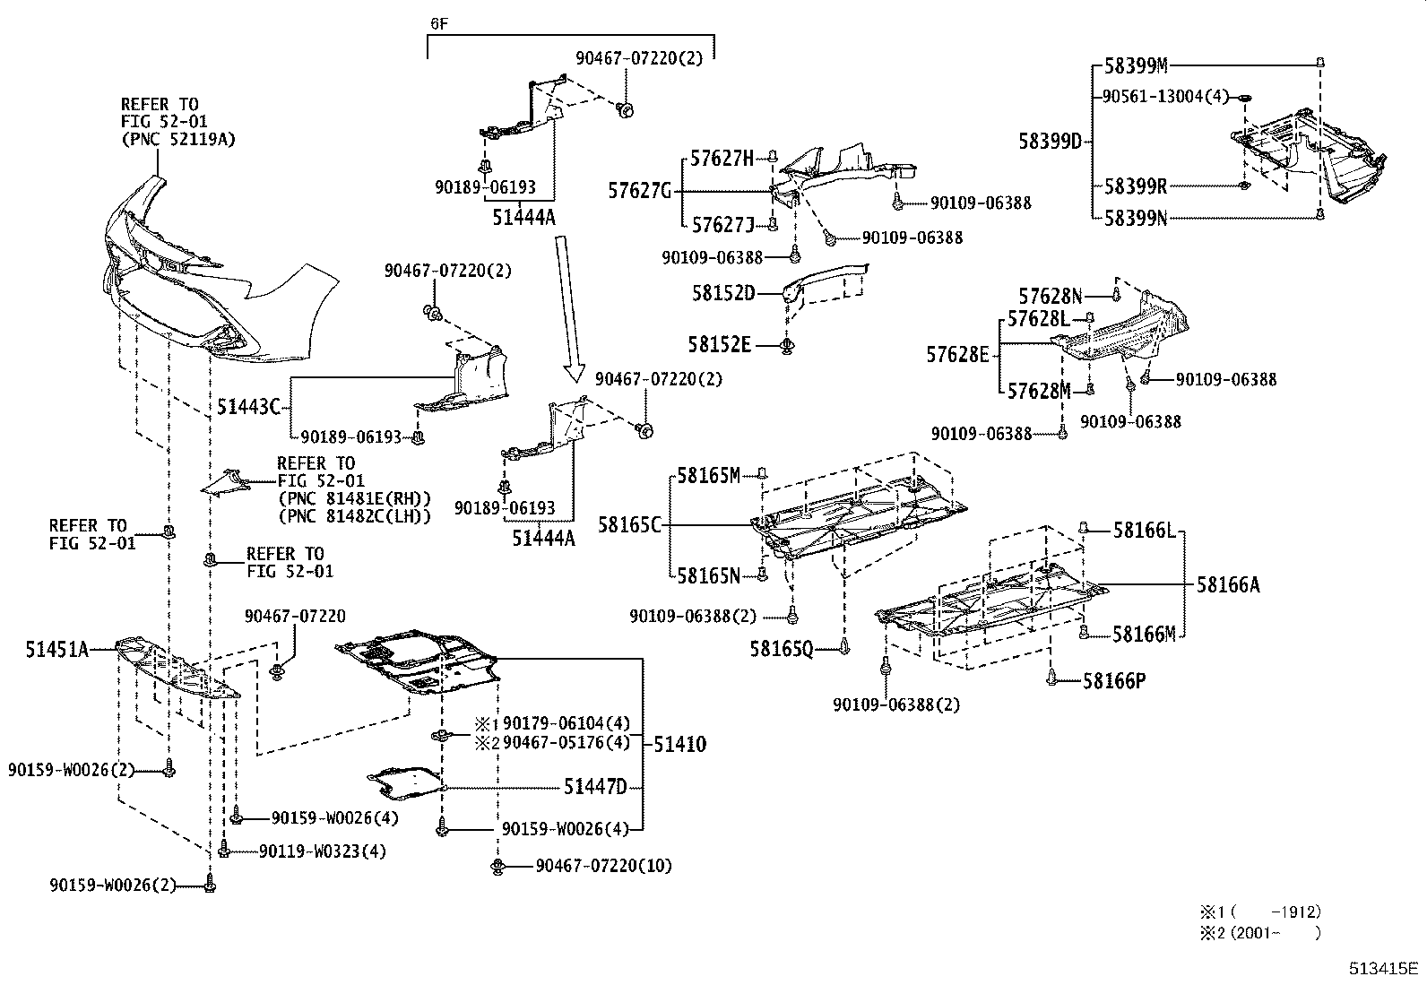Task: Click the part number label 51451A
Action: pos(56,650)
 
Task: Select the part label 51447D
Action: pos(595,787)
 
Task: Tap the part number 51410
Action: pos(679,744)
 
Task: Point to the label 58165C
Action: pos(629,525)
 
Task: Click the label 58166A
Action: pos(1227,585)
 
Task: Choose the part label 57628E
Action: pos(957,355)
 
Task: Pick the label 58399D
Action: pos(1050,141)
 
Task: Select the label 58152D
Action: pos(722,293)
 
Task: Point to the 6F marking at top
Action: pos(438,24)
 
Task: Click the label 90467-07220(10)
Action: pos(603,866)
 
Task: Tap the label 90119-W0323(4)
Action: pos(322,851)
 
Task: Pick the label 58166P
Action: pos(1114,681)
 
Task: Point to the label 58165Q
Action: pos(781,647)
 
